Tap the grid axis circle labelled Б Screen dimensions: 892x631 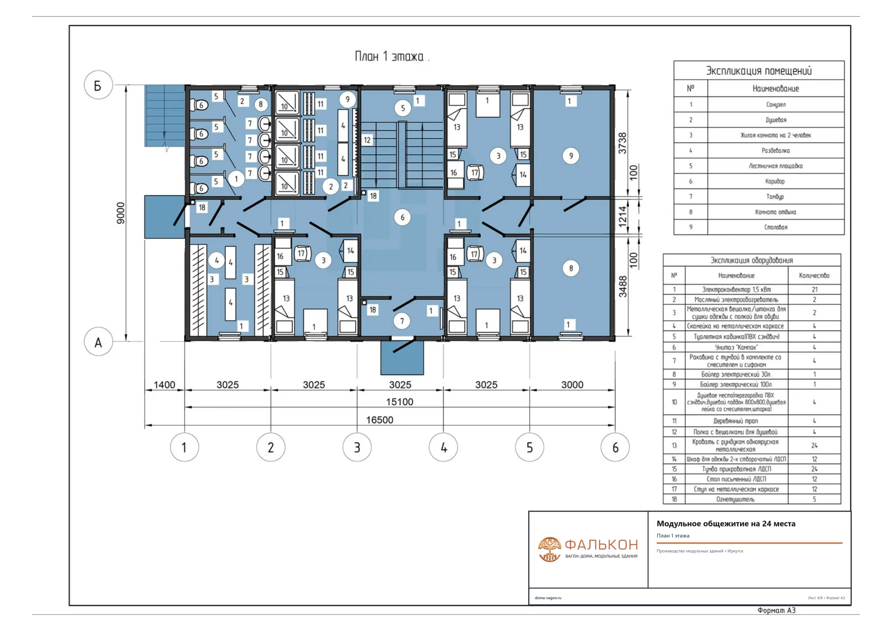click(x=98, y=85)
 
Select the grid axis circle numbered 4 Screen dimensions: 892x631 click(x=443, y=448)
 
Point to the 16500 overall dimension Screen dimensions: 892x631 click(x=379, y=420)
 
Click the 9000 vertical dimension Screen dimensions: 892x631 click(x=121, y=213)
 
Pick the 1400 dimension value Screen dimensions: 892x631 click(x=164, y=385)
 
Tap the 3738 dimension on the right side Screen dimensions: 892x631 click(x=622, y=143)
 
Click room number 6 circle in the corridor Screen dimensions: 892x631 click(x=402, y=217)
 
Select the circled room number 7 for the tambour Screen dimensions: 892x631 click(x=402, y=321)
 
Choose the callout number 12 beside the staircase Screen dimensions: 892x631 click(x=367, y=140)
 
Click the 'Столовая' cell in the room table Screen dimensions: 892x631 click(x=776, y=227)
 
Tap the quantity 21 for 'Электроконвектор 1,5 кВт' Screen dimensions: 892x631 click(x=814, y=290)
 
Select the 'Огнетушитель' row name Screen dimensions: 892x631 click(x=736, y=499)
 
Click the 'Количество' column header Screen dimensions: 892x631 click(x=814, y=276)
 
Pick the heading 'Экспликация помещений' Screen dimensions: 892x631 click(x=759, y=71)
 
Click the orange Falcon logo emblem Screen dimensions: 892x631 click(x=549, y=549)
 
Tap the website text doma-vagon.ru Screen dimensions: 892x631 click(x=548, y=598)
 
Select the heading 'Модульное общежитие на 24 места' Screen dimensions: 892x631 click(x=726, y=524)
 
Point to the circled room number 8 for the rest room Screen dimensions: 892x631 click(x=571, y=268)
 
